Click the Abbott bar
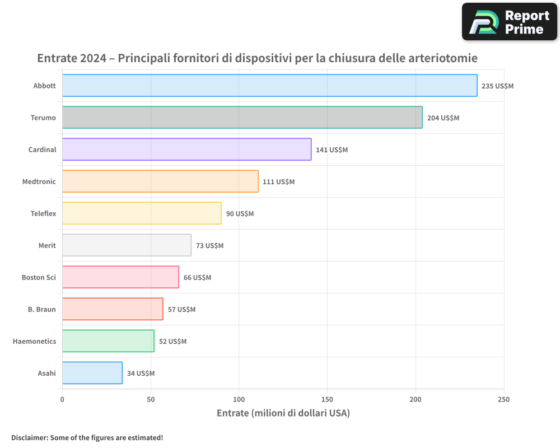point(269,86)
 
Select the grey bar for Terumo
point(242,118)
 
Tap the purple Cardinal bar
point(186,150)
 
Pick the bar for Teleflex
point(142,213)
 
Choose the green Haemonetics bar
point(108,341)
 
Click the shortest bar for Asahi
point(92,373)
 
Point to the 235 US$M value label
point(497,86)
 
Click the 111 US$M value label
point(278,182)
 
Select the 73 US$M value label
point(209,246)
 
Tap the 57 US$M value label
point(181,310)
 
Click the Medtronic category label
point(39,182)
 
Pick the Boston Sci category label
point(39,278)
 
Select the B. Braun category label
point(42,310)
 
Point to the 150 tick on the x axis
point(327,400)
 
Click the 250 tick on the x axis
point(504,400)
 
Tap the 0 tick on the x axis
point(62,400)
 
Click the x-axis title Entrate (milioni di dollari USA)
point(283,413)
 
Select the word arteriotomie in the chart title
point(443,58)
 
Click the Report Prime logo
point(509,22)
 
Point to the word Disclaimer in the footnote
point(29,438)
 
